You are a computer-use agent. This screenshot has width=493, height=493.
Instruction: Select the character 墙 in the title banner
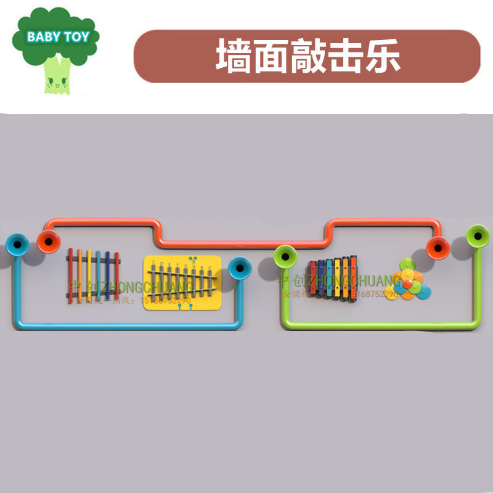pyautogui.click(x=234, y=57)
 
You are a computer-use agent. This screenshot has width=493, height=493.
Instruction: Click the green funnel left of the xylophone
pyautogui.click(x=285, y=256)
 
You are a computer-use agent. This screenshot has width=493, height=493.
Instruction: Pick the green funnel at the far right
pyautogui.click(x=478, y=235)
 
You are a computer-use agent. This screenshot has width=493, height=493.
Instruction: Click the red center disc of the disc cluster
pyautogui.click(x=407, y=284)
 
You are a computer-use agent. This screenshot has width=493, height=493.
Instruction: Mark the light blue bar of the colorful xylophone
pyautogui.click(x=328, y=278)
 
